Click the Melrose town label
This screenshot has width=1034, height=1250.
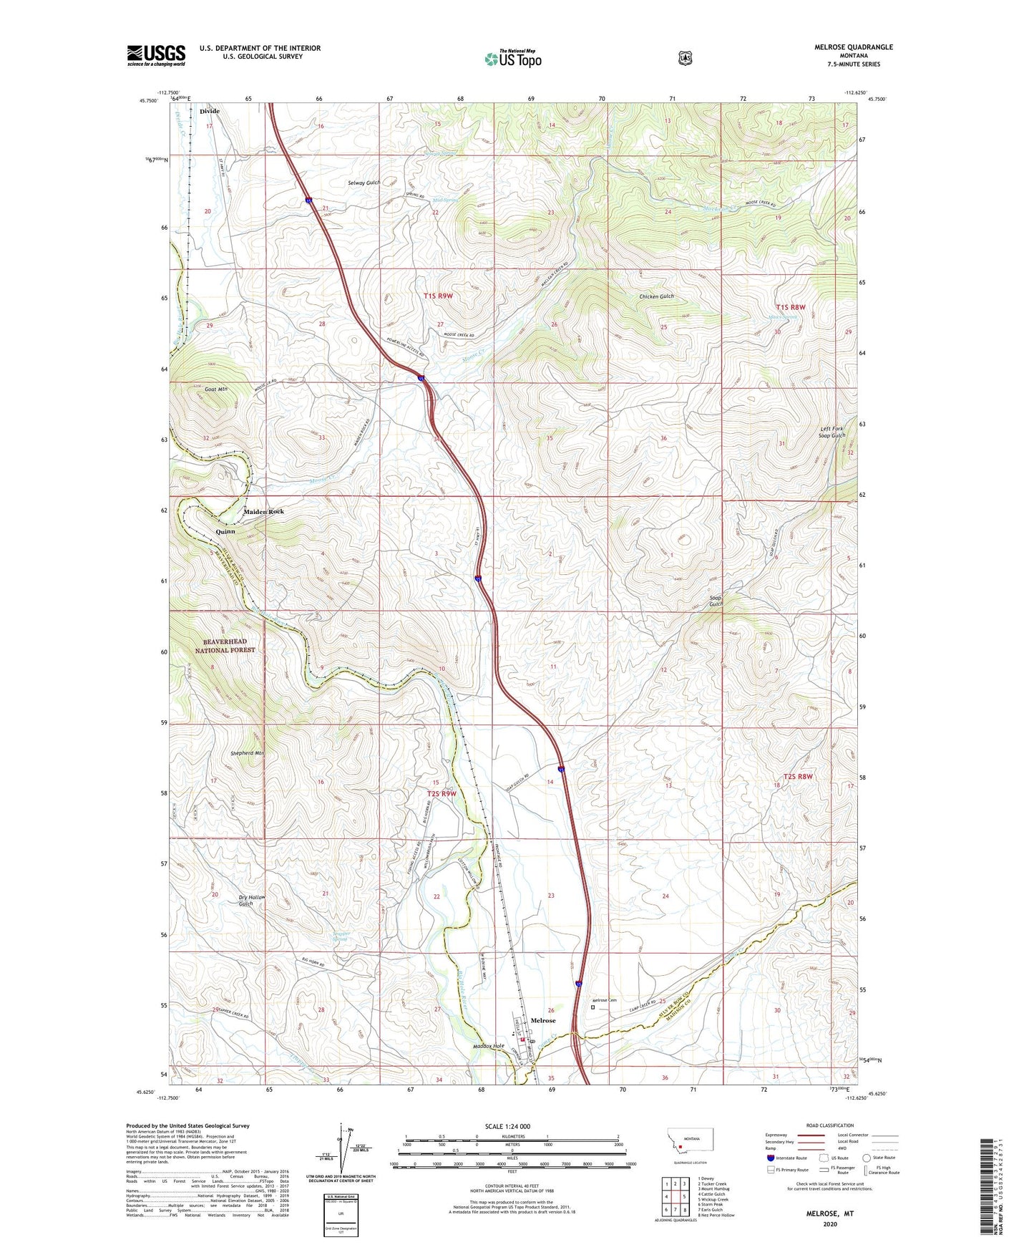[543, 1020]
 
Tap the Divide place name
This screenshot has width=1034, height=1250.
[210, 112]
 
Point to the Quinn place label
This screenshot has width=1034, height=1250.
[225, 532]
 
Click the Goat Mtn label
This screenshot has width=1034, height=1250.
[215, 389]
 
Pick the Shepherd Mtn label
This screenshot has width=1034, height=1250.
[248, 753]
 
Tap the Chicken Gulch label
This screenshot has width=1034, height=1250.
[656, 296]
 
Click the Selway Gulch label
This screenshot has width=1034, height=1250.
[364, 183]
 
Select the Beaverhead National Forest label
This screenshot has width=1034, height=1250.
[225, 646]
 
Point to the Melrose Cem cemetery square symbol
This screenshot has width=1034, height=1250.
[592, 1007]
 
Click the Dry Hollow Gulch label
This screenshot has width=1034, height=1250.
[252, 901]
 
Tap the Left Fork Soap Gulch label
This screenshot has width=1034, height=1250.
[832, 432]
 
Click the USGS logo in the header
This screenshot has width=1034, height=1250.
[156, 55]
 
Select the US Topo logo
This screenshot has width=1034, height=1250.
[512, 59]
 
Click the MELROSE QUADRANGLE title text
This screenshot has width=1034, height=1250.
[853, 47]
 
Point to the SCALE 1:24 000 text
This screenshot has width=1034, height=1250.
[507, 1127]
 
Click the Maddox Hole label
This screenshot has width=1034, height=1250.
[489, 1046]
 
